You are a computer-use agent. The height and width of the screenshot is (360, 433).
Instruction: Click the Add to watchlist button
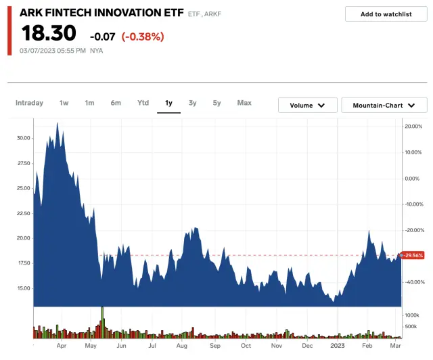pyautogui.click(x=386, y=14)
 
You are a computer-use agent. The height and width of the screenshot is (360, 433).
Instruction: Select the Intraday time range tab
pyautogui.click(x=29, y=103)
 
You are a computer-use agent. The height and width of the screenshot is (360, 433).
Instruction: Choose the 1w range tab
pyautogui.click(x=64, y=103)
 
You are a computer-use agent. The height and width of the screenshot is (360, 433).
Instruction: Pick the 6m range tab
pyautogui.click(x=116, y=103)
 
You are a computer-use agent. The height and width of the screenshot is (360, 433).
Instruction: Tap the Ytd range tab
pyautogui.click(x=143, y=103)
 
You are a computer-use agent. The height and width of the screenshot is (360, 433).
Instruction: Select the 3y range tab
pyautogui.click(x=193, y=103)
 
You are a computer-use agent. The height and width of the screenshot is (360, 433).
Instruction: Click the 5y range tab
pyautogui.click(x=216, y=103)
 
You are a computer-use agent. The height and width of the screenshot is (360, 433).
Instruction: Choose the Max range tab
pyautogui.click(x=244, y=103)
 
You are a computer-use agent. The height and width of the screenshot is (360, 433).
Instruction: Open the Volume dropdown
pyautogui.click(x=308, y=105)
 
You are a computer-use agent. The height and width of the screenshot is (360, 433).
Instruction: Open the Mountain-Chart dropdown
pyautogui.click(x=384, y=105)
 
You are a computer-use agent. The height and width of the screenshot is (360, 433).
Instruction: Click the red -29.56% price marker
pyautogui.click(x=413, y=255)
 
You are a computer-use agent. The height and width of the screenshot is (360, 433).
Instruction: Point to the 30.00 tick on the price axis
pyautogui.click(x=23, y=138)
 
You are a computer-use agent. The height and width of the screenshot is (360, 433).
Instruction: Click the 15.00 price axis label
pyautogui.click(x=23, y=288)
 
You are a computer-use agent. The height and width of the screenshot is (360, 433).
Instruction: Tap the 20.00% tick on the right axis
pyautogui.click(x=413, y=127)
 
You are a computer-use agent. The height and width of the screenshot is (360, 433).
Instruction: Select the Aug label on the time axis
pyautogui.click(x=181, y=346)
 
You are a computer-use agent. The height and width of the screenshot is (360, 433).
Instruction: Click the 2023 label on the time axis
pyautogui.click(x=338, y=346)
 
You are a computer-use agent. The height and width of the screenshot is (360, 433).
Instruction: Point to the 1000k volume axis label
pyautogui.click(x=414, y=315)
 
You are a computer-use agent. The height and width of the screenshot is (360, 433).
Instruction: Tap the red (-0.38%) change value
pyautogui.click(x=143, y=37)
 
